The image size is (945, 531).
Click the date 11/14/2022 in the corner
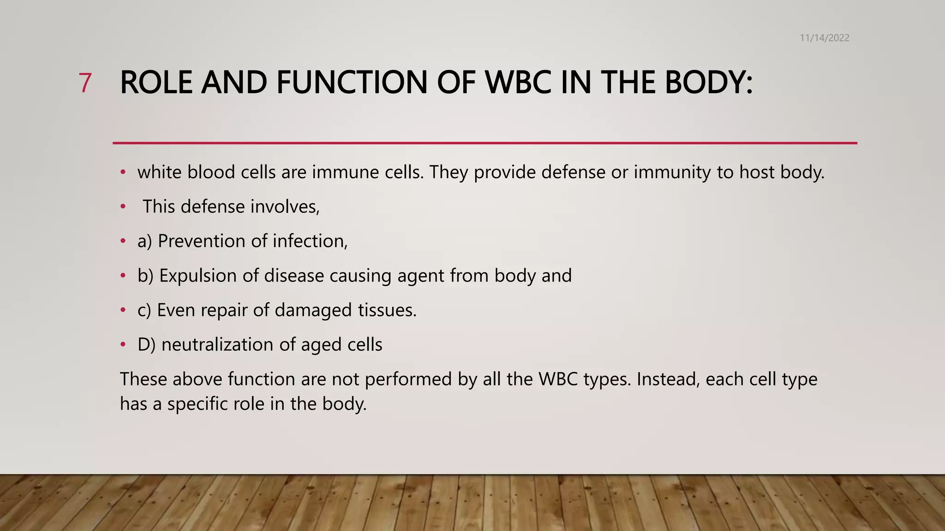tap(824, 38)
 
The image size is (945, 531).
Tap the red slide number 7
tap(85, 83)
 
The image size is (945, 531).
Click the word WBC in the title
tap(518, 83)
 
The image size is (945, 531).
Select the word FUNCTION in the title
tap(352, 83)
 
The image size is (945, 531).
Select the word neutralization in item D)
tap(214, 345)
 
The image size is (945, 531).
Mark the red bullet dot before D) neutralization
tap(123, 344)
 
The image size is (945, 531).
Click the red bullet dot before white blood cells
tap(123, 172)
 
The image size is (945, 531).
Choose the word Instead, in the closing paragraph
tap(668, 379)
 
